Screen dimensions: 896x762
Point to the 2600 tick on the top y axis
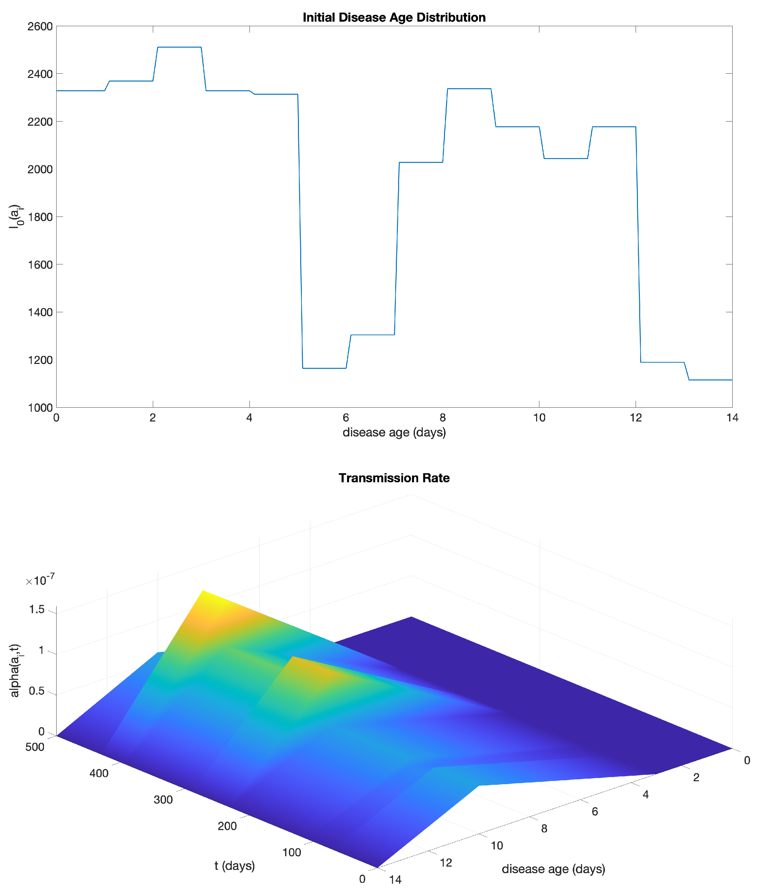click(40, 27)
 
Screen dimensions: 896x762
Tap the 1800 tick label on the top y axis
click(40, 217)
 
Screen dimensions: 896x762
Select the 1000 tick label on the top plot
click(40, 408)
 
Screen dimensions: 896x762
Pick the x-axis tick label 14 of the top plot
click(732, 418)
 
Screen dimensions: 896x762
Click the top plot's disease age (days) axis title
click(394, 432)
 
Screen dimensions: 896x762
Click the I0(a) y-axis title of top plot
click(16, 216)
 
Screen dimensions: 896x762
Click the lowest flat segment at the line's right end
click(711, 380)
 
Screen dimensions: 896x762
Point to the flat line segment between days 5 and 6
click(324, 368)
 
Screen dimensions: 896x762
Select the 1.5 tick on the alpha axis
click(37, 610)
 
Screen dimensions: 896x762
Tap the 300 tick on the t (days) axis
click(163, 800)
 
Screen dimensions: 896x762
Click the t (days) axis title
click(235, 866)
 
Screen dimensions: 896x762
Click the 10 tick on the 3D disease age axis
click(497, 846)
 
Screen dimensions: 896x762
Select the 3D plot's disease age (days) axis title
click(553, 869)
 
